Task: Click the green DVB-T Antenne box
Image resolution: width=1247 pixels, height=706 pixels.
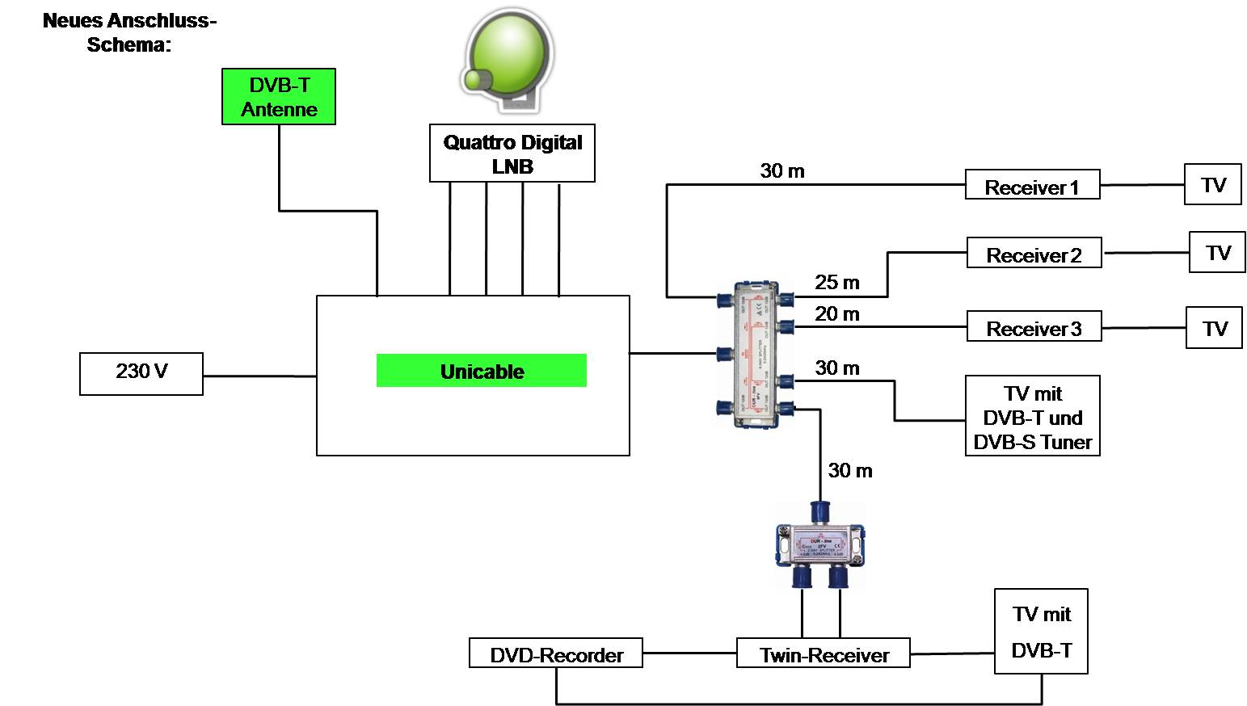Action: coord(279,97)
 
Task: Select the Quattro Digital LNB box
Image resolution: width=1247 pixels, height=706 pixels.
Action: coord(512,153)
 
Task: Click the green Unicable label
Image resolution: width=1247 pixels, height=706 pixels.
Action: coord(482,372)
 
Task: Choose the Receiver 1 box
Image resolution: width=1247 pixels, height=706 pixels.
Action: coord(1032,185)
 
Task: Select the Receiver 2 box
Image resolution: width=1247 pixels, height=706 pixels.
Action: coord(1034,254)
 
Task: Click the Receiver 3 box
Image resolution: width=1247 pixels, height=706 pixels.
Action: coord(1034,327)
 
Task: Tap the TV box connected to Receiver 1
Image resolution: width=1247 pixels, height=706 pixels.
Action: coord(1212,184)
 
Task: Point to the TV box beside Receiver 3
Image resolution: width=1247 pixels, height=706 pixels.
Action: coord(1214,327)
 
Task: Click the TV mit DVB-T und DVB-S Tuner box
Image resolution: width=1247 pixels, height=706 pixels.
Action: coord(1033,416)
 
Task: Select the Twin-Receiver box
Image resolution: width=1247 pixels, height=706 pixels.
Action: coord(824,653)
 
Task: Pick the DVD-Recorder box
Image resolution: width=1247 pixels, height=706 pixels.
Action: coord(556,653)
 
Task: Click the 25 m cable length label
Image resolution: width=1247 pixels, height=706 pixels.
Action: coord(837,283)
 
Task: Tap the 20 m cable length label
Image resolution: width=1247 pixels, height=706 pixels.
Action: coord(837,314)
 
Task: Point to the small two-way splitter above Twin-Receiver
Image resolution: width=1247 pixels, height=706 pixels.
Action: coord(820,544)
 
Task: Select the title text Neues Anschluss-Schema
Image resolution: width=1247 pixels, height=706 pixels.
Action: coord(129,32)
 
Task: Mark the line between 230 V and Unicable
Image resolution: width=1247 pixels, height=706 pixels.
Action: coord(259,376)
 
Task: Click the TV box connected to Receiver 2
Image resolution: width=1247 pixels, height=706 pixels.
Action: coord(1217,253)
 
